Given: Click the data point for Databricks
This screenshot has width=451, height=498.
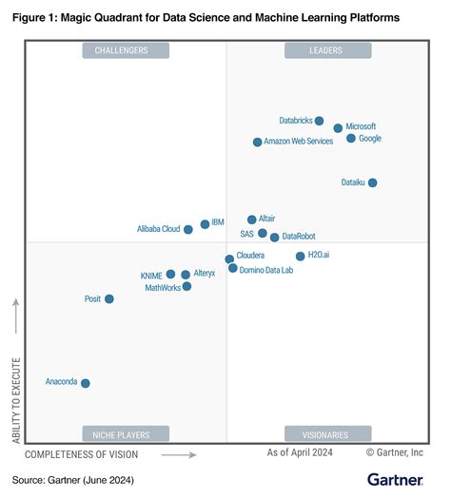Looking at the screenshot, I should (319, 121).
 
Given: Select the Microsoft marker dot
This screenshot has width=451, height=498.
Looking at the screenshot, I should (338, 127).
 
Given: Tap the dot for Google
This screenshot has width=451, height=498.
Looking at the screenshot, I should (351, 139).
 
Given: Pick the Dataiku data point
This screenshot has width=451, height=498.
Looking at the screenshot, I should (372, 182).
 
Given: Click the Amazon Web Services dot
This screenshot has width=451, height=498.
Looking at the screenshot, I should (257, 142).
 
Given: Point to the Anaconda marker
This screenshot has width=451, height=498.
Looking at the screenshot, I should (86, 383).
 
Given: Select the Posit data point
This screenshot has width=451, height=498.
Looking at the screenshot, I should (108, 298).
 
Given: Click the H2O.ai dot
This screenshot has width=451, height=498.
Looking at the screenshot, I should (300, 256).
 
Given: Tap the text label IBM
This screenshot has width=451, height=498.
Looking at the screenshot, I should (218, 222).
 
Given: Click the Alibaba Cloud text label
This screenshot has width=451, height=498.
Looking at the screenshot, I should (158, 229).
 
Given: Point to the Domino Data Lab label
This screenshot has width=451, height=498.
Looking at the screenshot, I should (266, 270).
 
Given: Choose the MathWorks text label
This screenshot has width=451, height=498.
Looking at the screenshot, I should (162, 287).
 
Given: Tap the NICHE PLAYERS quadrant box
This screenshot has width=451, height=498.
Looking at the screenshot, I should (126, 434).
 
